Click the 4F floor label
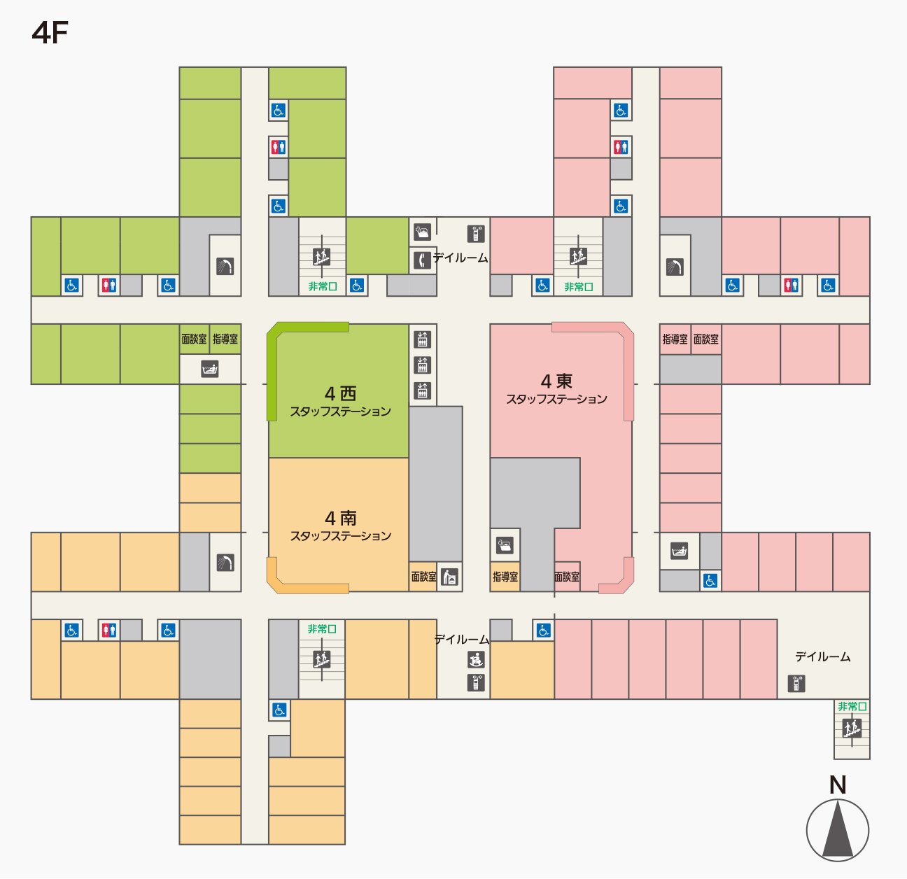pyautogui.click(x=50, y=33)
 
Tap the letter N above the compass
pyautogui.click(x=838, y=785)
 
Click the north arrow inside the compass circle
pyautogui.click(x=838, y=831)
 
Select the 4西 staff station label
pyautogui.click(x=340, y=401)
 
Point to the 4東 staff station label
pyautogui.click(x=556, y=389)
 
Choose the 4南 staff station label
pyautogui.click(x=340, y=526)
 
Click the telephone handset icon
pyautogui.click(x=421, y=260)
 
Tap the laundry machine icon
pyautogui.click(x=450, y=577)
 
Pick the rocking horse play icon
pyautogui.click(x=476, y=659)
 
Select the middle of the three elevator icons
pyautogui.click(x=422, y=365)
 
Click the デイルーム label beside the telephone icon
pyautogui.click(x=460, y=258)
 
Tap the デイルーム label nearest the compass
pyautogui.click(x=822, y=656)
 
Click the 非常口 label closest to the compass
pyautogui.click(x=852, y=706)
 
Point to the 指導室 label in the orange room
pyautogui.click(x=505, y=577)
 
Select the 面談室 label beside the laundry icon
pyautogui.click(x=423, y=577)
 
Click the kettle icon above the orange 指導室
pyautogui.click(x=505, y=544)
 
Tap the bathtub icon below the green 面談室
pyautogui.click(x=210, y=369)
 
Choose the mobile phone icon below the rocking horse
pyautogui.click(x=476, y=683)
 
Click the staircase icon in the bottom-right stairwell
pyautogui.click(x=852, y=729)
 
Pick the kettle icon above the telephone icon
pyautogui.click(x=422, y=232)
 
